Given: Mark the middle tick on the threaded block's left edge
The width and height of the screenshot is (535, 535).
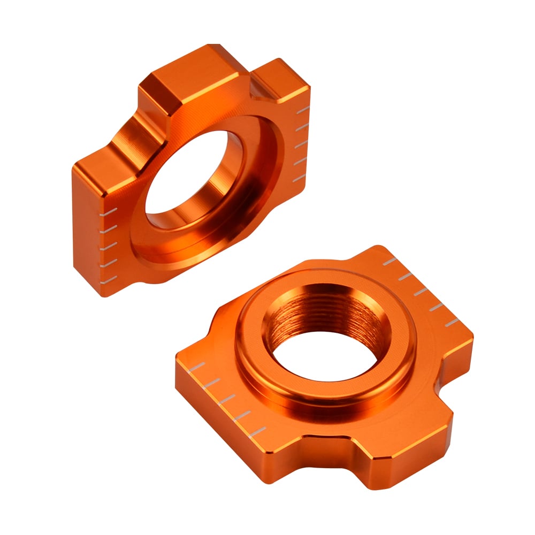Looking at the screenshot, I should (x=227, y=399).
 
